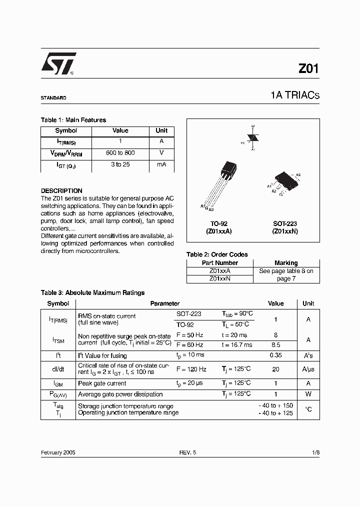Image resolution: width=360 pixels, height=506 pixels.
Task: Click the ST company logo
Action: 58,64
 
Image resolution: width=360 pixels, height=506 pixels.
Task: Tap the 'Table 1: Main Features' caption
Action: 73,120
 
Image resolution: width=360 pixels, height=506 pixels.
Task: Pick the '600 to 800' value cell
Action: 120,153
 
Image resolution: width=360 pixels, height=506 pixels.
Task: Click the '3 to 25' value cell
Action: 120,164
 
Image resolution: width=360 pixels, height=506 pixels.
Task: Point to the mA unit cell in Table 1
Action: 161,164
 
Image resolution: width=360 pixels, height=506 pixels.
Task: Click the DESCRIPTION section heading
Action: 61,191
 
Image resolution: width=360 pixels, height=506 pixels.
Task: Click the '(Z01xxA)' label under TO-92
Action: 218,231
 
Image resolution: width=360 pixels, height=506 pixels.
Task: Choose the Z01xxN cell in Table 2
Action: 219,278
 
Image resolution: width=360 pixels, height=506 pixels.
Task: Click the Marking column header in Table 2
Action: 286,263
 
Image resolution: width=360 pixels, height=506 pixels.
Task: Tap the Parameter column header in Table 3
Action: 164,303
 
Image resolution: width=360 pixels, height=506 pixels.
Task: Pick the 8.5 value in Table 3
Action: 275,345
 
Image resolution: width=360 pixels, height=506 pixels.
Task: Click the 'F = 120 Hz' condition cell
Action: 191,369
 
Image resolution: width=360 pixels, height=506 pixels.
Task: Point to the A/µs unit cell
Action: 308,369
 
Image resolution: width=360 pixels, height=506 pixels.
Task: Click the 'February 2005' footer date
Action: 58,452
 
